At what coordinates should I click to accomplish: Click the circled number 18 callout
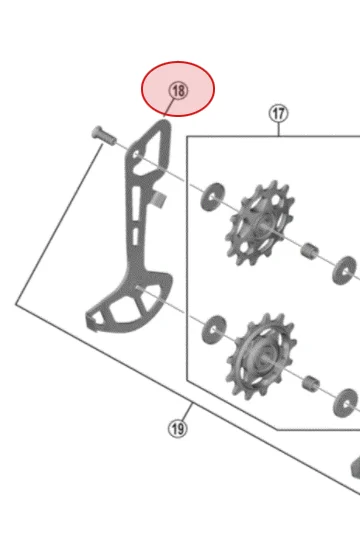click(x=178, y=91)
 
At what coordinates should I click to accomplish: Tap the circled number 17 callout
click(x=279, y=114)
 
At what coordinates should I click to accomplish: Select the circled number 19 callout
click(x=178, y=429)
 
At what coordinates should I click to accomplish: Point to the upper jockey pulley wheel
click(x=260, y=223)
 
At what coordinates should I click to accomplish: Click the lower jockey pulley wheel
click(x=262, y=357)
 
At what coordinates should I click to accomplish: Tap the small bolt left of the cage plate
click(x=104, y=136)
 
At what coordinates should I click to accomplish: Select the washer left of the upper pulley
click(x=213, y=197)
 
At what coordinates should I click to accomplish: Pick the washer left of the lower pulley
click(x=214, y=330)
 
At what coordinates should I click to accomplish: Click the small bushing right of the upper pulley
click(x=309, y=251)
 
